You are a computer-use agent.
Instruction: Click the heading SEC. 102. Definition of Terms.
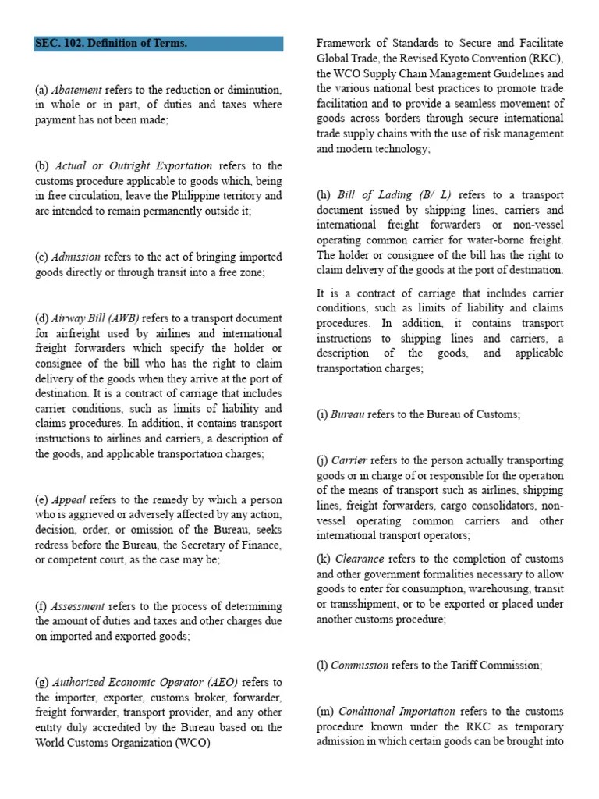[111, 44]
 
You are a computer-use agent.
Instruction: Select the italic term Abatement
[76, 90]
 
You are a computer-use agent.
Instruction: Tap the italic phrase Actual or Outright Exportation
[133, 165]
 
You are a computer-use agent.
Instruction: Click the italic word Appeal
[69, 499]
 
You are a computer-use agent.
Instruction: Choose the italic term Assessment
[79, 606]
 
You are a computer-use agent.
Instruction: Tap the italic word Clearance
[360, 559]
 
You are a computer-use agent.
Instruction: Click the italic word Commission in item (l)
[360, 666]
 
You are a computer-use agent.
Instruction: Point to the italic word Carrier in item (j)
[349, 460]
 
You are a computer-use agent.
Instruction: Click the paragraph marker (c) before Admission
[42, 257]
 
